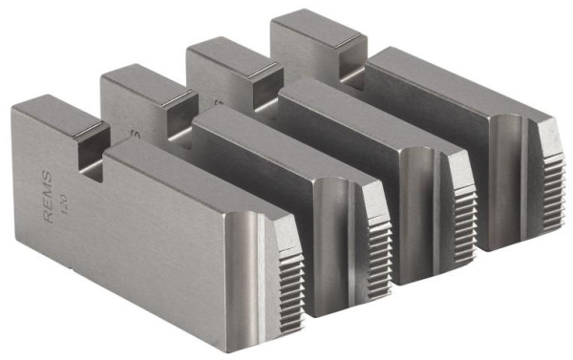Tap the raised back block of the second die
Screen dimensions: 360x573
coord(134,82)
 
